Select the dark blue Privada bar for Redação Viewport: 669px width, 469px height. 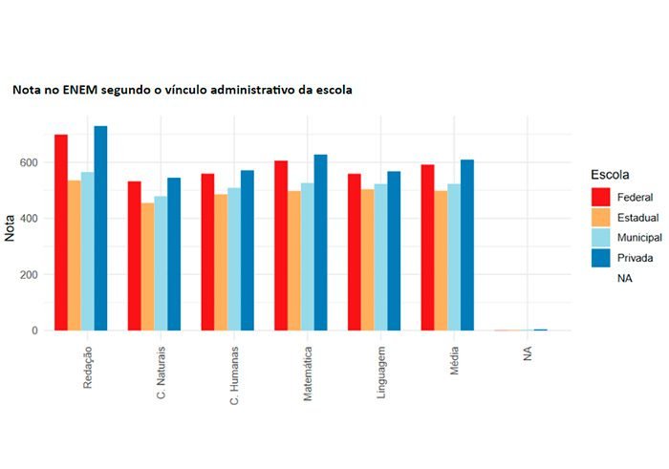100,228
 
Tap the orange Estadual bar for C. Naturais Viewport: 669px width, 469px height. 147,266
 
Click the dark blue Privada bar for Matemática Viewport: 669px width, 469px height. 320,243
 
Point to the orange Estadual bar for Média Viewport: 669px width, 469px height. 441,261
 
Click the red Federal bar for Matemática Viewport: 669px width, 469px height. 280,245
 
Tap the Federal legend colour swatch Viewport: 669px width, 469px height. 601,197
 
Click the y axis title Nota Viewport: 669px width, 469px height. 11,227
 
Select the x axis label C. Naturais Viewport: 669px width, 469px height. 162,373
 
